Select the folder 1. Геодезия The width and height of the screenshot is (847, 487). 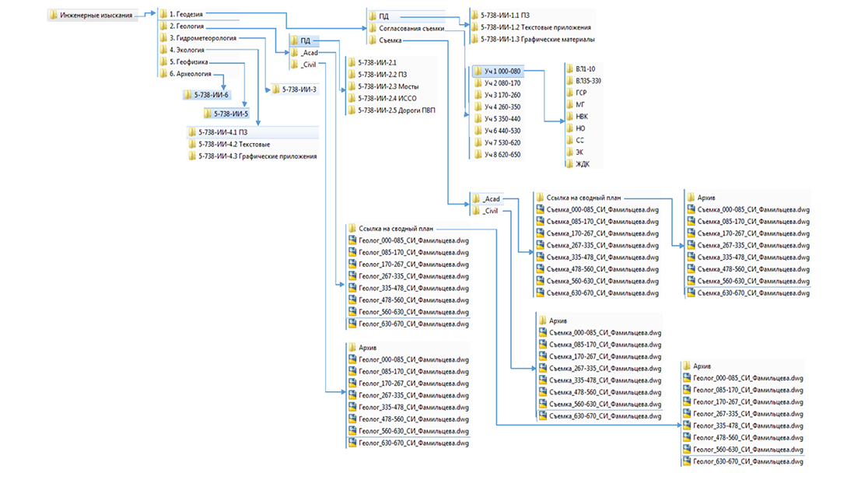(185, 14)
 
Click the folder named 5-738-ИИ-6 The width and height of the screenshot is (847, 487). (211, 95)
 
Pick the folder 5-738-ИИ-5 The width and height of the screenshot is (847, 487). (230, 114)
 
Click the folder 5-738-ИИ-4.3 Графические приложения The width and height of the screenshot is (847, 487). (257, 156)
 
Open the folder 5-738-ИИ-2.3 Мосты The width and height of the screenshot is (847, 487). (389, 86)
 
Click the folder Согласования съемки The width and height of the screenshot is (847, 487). (411, 28)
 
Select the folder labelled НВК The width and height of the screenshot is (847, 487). (583, 117)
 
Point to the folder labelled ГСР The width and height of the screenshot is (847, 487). (582, 92)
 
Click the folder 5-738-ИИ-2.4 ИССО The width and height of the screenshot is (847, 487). (386, 98)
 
